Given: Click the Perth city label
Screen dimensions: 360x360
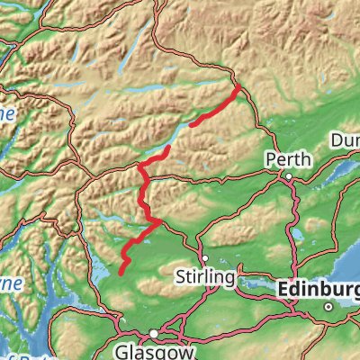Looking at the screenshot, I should pos(288,159).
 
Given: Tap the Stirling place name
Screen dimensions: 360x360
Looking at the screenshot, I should pos(206,274).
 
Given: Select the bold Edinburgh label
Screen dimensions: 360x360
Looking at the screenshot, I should pos(319,290).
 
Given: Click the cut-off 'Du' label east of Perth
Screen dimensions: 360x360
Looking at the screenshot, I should pos(345,141).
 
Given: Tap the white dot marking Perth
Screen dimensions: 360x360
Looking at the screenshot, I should pos(288,175).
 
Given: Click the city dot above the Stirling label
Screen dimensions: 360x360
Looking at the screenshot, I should pos(204,257).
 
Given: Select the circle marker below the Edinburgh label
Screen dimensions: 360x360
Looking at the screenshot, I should pos(329,307).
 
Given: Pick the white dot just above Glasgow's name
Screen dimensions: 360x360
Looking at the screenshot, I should pos(154,333).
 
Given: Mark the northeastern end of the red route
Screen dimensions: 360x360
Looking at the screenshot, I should pos(238,88).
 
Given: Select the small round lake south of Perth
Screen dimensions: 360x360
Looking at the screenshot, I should pos(296,236).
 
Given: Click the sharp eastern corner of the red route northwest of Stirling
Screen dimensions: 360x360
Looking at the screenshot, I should pos(160,219).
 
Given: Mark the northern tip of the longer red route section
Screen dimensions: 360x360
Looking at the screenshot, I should pos(169,147).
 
